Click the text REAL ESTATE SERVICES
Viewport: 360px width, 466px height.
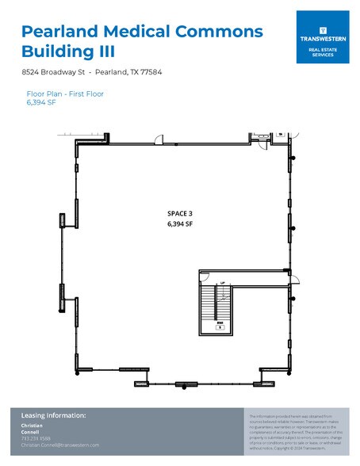321,52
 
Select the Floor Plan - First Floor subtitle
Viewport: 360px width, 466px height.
65,94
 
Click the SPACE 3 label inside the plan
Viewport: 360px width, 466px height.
180,213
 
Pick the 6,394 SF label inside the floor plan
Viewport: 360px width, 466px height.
180,223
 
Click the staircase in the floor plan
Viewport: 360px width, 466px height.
209,305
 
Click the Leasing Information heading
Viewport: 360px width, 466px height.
53,416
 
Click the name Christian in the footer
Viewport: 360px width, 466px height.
33,426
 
